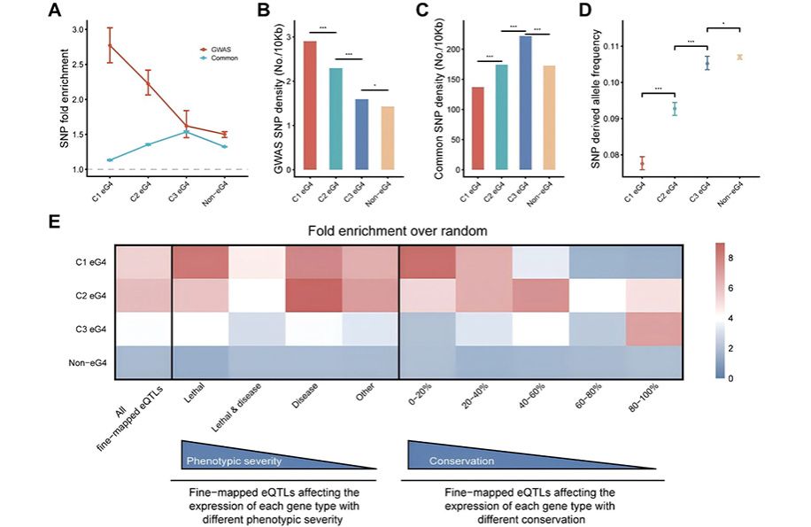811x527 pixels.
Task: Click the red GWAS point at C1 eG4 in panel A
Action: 110,45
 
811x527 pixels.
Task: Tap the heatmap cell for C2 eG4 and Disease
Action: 314,295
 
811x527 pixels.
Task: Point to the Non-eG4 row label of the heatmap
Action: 83,363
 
